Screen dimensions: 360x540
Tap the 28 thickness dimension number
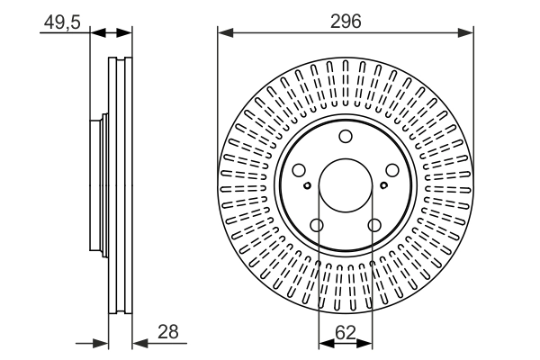(166, 331)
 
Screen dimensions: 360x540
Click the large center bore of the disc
(346, 185)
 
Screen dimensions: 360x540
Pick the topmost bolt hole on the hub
(346, 137)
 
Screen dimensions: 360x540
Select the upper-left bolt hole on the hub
(299, 171)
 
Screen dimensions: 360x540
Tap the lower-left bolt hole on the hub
(317, 226)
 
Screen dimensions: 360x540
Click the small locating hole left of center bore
(308, 185)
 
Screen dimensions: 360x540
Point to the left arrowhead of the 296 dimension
(224, 34)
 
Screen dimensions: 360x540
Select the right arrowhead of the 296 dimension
(467, 34)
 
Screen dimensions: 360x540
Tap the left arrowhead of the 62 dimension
(325, 342)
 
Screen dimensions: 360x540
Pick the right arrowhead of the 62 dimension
(366, 342)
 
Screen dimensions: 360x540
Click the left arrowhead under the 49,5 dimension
(99, 34)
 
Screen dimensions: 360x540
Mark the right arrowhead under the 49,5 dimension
(126, 34)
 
